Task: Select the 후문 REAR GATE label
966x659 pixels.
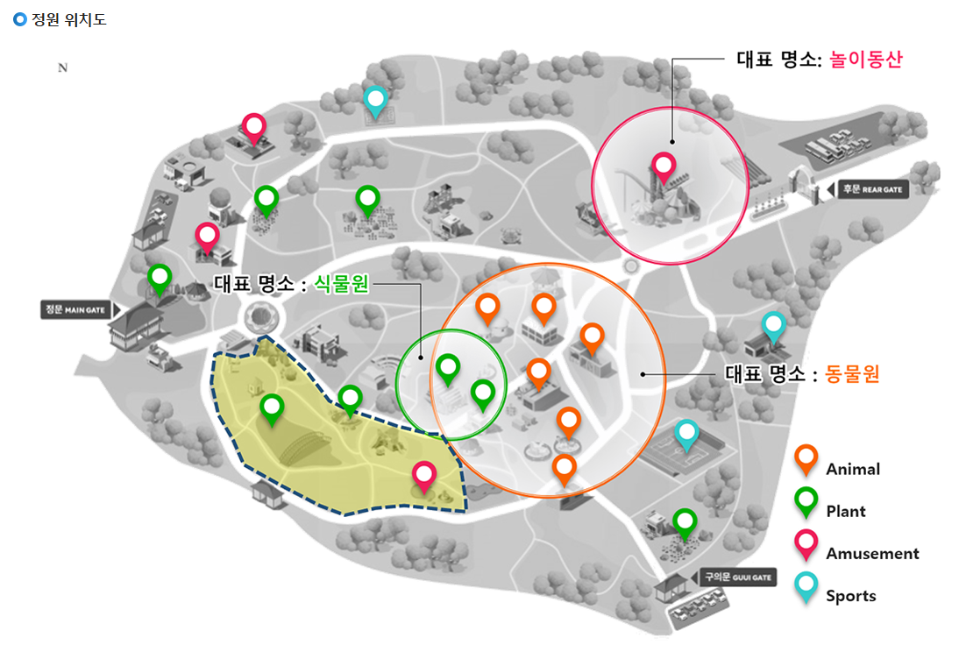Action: [870, 189]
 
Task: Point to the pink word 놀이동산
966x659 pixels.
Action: [866, 60]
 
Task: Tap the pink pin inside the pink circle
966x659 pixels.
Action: [663, 166]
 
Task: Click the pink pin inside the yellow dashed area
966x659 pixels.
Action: [424, 476]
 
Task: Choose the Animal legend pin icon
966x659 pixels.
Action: [806, 458]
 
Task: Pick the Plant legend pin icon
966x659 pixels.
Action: [806, 501]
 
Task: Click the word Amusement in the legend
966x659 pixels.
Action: [872, 554]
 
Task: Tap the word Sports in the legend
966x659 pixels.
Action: [850, 596]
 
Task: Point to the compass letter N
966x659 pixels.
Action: [62, 69]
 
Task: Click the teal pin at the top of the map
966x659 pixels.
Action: [376, 100]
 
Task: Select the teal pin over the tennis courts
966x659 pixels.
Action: [686, 434]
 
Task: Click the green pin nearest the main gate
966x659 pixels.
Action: [160, 278]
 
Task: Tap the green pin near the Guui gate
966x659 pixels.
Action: [685, 522]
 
